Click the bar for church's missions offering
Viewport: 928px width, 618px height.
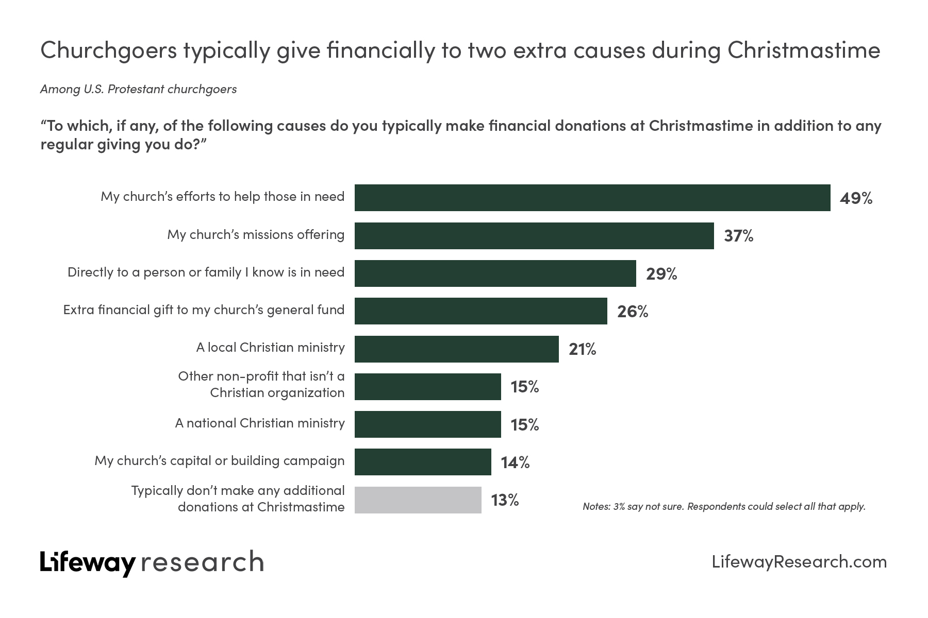pyautogui.click(x=534, y=236)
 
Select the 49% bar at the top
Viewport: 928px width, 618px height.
pyautogui.click(x=592, y=198)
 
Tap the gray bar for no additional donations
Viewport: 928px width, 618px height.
pyautogui.click(x=418, y=500)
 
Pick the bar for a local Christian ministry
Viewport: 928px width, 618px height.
pyautogui.click(x=457, y=349)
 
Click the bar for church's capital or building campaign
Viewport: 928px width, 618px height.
pyautogui.click(x=423, y=462)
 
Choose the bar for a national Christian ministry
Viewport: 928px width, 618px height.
pyautogui.click(x=428, y=424)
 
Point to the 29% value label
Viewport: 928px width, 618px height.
pyautogui.click(x=661, y=274)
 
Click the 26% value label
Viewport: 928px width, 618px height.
pyautogui.click(x=633, y=312)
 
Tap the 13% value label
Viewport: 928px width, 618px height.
pyautogui.click(x=505, y=500)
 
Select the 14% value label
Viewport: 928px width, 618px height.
pyautogui.click(x=515, y=462)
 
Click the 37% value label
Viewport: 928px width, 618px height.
pyautogui.click(x=738, y=236)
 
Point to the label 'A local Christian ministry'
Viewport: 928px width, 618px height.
pyautogui.click(x=270, y=348)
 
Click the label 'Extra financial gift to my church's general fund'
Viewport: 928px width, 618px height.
pyautogui.click(x=204, y=310)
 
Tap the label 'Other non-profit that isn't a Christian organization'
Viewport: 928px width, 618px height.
pyautogui.click(x=261, y=385)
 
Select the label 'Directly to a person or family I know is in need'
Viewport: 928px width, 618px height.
pyautogui.click(x=206, y=272)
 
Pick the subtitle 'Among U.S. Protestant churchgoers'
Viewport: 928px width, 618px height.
pyautogui.click(x=138, y=89)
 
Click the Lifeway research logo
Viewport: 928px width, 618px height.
pyautogui.click(x=152, y=562)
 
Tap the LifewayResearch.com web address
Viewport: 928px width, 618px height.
pyautogui.click(x=799, y=562)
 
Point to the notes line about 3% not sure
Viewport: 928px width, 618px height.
pyautogui.click(x=724, y=507)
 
